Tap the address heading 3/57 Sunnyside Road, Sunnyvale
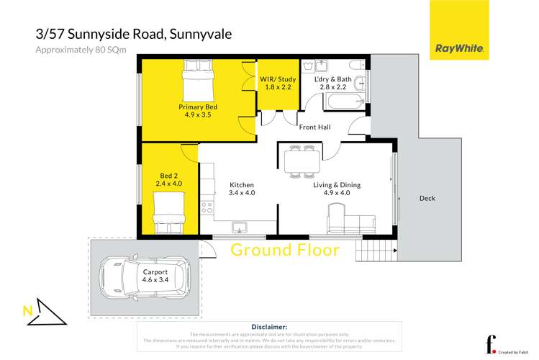point(134,33)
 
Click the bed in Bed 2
point(170,217)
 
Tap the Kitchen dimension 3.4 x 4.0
point(241,193)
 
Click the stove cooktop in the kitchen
point(207,207)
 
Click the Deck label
point(427,199)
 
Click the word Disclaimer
point(269,326)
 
